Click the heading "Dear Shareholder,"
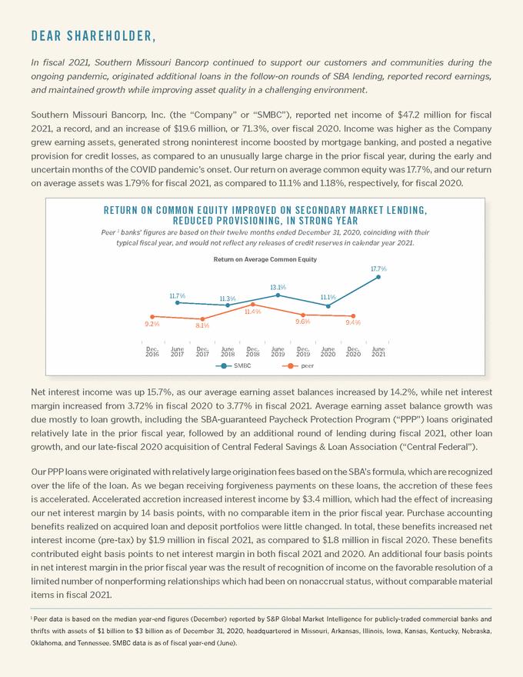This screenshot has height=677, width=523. (x=94, y=36)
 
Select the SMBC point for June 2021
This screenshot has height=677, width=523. (x=378, y=277)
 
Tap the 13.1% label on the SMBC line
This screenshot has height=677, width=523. (x=278, y=287)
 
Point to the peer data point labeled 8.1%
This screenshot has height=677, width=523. (x=202, y=318)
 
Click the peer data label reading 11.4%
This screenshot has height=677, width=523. (x=252, y=312)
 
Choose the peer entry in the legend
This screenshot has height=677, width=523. (x=303, y=366)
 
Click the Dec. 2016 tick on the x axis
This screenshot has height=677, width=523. (x=152, y=352)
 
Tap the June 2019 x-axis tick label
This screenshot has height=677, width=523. (x=278, y=352)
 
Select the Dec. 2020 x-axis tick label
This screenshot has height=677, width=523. (x=353, y=352)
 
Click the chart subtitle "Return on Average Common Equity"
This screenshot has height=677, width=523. (x=265, y=260)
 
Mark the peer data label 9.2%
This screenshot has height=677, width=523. (x=152, y=325)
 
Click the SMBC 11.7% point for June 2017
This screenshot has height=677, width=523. (x=178, y=302)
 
